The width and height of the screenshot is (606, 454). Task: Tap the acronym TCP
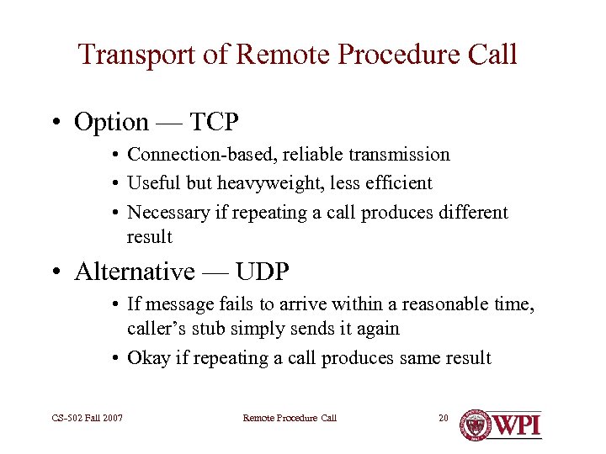click(x=214, y=123)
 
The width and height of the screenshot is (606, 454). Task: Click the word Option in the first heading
click(x=111, y=123)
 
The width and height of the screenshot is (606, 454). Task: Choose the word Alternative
click(x=134, y=272)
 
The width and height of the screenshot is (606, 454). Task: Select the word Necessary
click(x=167, y=213)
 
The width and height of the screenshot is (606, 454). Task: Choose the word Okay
click(x=148, y=358)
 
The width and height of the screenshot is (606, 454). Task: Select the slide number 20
click(x=444, y=418)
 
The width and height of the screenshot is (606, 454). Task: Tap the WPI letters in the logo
click(x=516, y=425)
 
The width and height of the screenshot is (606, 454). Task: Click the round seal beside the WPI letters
click(x=476, y=425)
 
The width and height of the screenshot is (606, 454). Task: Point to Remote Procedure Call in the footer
click(x=290, y=418)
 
